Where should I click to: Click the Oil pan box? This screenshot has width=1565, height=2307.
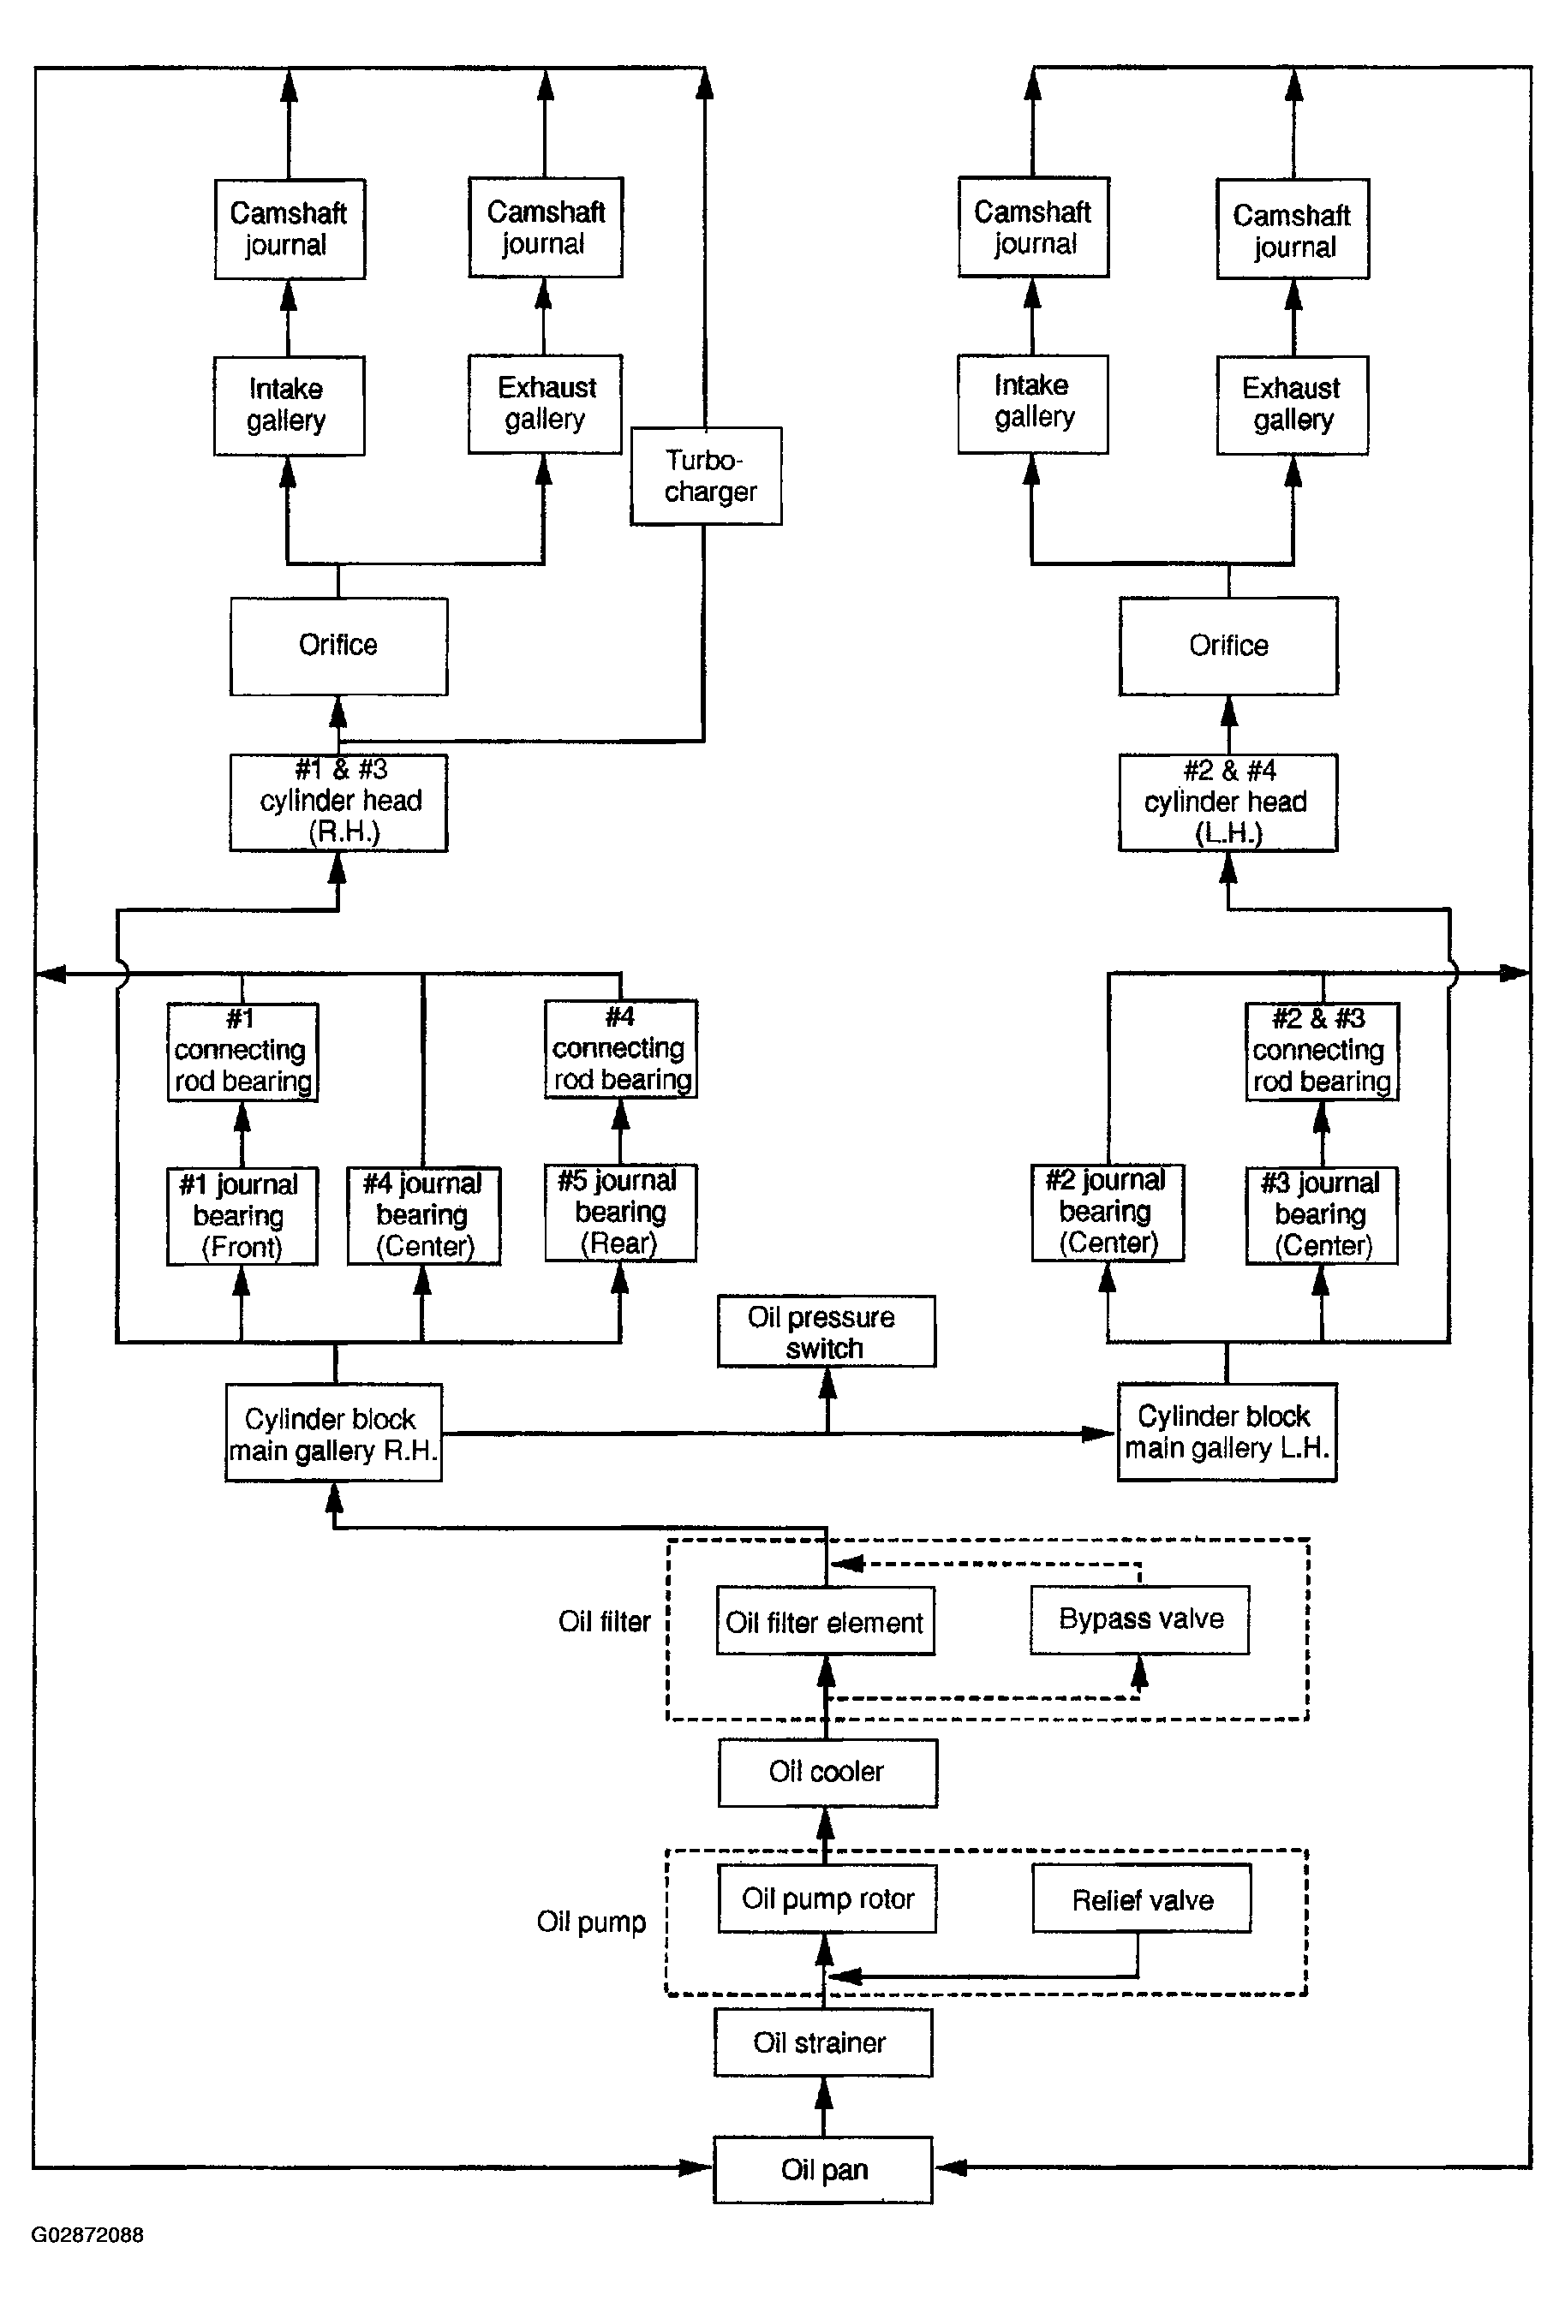click(x=822, y=2169)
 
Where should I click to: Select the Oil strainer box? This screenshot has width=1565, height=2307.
click(x=822, y=2043)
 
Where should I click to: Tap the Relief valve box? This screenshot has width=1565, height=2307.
click(x=1141, y=1899)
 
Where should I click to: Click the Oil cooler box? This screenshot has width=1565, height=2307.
click(x=827, y=1772)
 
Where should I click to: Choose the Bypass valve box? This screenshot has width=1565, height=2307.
click(x=1139, y=1619)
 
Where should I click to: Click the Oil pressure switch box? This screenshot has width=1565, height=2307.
click(x=827, y=1331)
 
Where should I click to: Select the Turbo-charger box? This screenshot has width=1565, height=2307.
click(x=706, y=475)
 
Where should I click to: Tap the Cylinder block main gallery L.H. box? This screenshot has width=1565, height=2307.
click(x=1228, y=1432)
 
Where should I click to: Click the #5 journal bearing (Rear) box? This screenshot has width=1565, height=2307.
click(x=621, y=1212)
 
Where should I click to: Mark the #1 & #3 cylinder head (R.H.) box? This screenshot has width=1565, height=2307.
click(x=338, y=802)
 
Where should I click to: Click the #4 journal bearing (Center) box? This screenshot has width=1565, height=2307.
click(x=424, y=1215)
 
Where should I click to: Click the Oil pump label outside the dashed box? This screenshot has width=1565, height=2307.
click(x=591, y=1922)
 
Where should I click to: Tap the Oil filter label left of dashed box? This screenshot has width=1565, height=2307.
click(x=604, y=1621)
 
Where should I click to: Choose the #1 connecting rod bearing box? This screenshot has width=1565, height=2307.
click(x=242, y=1052)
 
